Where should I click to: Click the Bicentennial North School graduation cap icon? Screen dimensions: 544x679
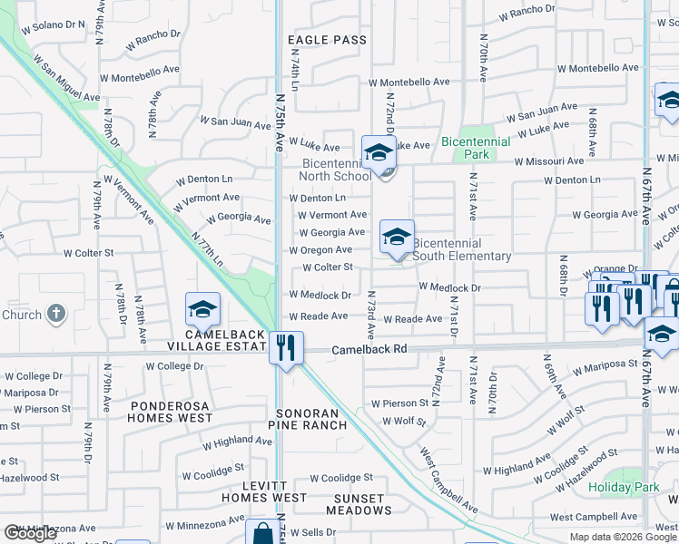[x=379, y=152]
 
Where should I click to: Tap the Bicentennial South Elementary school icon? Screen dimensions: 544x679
[x=397, y=238]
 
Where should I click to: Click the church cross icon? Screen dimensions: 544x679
[x=56, y=315]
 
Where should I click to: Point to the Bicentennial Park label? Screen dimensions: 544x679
[x=477, y=148]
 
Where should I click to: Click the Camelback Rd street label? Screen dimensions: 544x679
[x=366, y=349]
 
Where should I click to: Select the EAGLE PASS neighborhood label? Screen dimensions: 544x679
[x=327, y=40]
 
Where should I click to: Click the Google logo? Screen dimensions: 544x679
[x=30, y=533]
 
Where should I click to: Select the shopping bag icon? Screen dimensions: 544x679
[x=262, y=533]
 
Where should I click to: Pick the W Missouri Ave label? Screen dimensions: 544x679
[x=549, y=161]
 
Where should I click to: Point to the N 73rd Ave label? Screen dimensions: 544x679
[x=371, y=311]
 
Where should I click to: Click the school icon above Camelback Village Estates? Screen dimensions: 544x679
[x=202, y=310]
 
